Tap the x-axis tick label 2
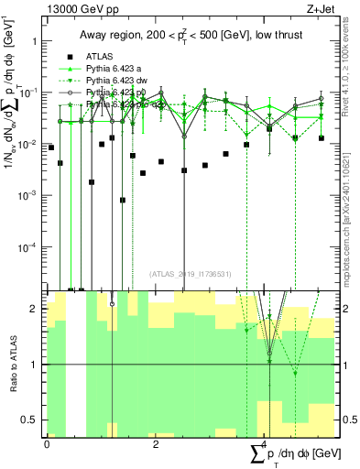tap(156, 443)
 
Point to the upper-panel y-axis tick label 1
tap(34, 41)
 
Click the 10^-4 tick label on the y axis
tap(27, 246)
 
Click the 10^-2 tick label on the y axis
tap(27, 144)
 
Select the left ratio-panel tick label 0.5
tap(29, 420)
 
